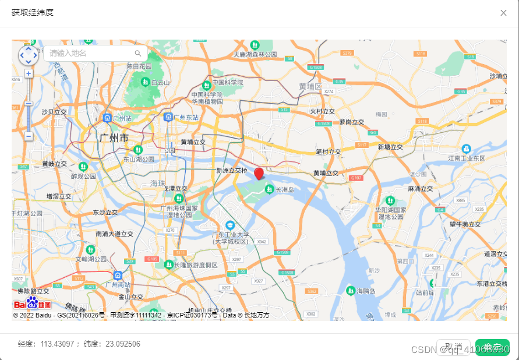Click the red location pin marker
pyautogui.click(x=259, y=173)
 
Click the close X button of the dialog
pyautogui.click(x=503, y=13)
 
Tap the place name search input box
pyautogui.click(x=90, y=54)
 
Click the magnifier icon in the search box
pyautogui.click(x=138, y=54)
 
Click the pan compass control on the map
pyautogui.click(x=28, y=55)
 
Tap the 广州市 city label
pyautogui.click(x=114, y=138)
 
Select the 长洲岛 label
pyautogui.click(x=285, y=189)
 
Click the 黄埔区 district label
pyautogui.click(x=310, y=86)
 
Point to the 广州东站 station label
pyautogui.click(x=185, y=117)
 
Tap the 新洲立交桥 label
pyautogui.click(x=232, y=171)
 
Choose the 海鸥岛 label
pyautogui.click(x=366, y=291)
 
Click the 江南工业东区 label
pyautogui.click(x=467, y=158)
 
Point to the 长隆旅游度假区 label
pyautogui.click(x=196, y=265)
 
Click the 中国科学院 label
pyautogui.click(x=228, y=83)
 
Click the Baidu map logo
pyautogui.click(x=32, y=303)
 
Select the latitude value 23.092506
pyautogui.click(x=123, y=344)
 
